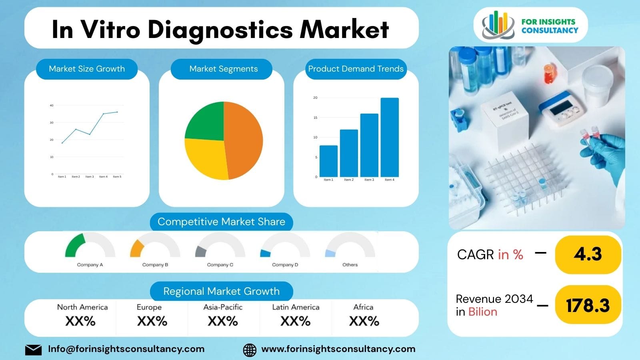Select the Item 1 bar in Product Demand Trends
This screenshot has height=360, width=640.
pyautogui.click(x=328, y=161)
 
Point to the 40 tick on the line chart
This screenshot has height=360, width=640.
pyautogui.click(x=52, y=106)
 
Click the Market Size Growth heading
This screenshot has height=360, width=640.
pyautogui.click(x=87, y=69)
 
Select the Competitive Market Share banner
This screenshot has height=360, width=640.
pyautogui.click(x=221, y=222)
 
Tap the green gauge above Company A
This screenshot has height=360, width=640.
pyautogui.click(x=75, y=245)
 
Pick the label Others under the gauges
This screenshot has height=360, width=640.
pyautogui.click(x=350, y=265)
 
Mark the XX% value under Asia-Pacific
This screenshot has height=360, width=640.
pyautogui.click(x=223, y=321)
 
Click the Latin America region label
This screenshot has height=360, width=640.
pyautogui.click(x=296, y=307)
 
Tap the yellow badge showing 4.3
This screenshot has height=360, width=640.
pyautogui.click(x=588, y=254)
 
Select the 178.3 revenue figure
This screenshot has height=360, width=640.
pyautogui.click(x=588, y=306)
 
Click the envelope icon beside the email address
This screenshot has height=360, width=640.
pyautogui.click(x=33, y=350)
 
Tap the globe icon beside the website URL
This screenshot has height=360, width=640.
pyautogui.click(x=250, y=350)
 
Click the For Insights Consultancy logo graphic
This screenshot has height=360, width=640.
pyautogui.click(x=498, y=25)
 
